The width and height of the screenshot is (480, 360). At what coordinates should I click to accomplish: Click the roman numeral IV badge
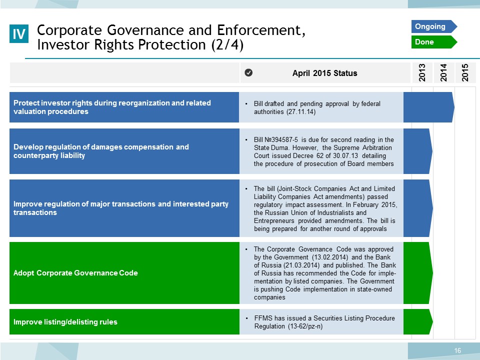click(19, 33)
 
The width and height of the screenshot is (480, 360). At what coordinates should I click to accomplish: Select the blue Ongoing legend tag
click(434, 26)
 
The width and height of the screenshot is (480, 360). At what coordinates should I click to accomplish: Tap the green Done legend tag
click(434, 42)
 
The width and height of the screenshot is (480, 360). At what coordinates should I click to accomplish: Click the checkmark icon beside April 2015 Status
click(248, 72)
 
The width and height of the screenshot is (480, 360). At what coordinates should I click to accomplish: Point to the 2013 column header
click(422, 72)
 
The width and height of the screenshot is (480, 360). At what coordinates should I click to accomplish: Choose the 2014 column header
click(443, 72)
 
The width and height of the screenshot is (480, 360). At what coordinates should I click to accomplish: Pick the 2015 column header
click(465, 72)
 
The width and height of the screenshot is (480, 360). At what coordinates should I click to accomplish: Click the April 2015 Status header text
click(325, 73)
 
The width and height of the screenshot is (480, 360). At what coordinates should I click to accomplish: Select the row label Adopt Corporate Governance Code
click(75, 273)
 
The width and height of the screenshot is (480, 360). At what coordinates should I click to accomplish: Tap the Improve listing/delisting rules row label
click(65, 321)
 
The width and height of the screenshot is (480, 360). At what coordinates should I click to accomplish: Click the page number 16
click(457, 350)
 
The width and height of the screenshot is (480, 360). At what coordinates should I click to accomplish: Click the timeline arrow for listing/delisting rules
click(418, 321)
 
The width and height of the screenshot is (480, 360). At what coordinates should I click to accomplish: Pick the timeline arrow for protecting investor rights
click(429, 107)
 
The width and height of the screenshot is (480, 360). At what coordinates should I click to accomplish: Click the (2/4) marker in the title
click(227, 45)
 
